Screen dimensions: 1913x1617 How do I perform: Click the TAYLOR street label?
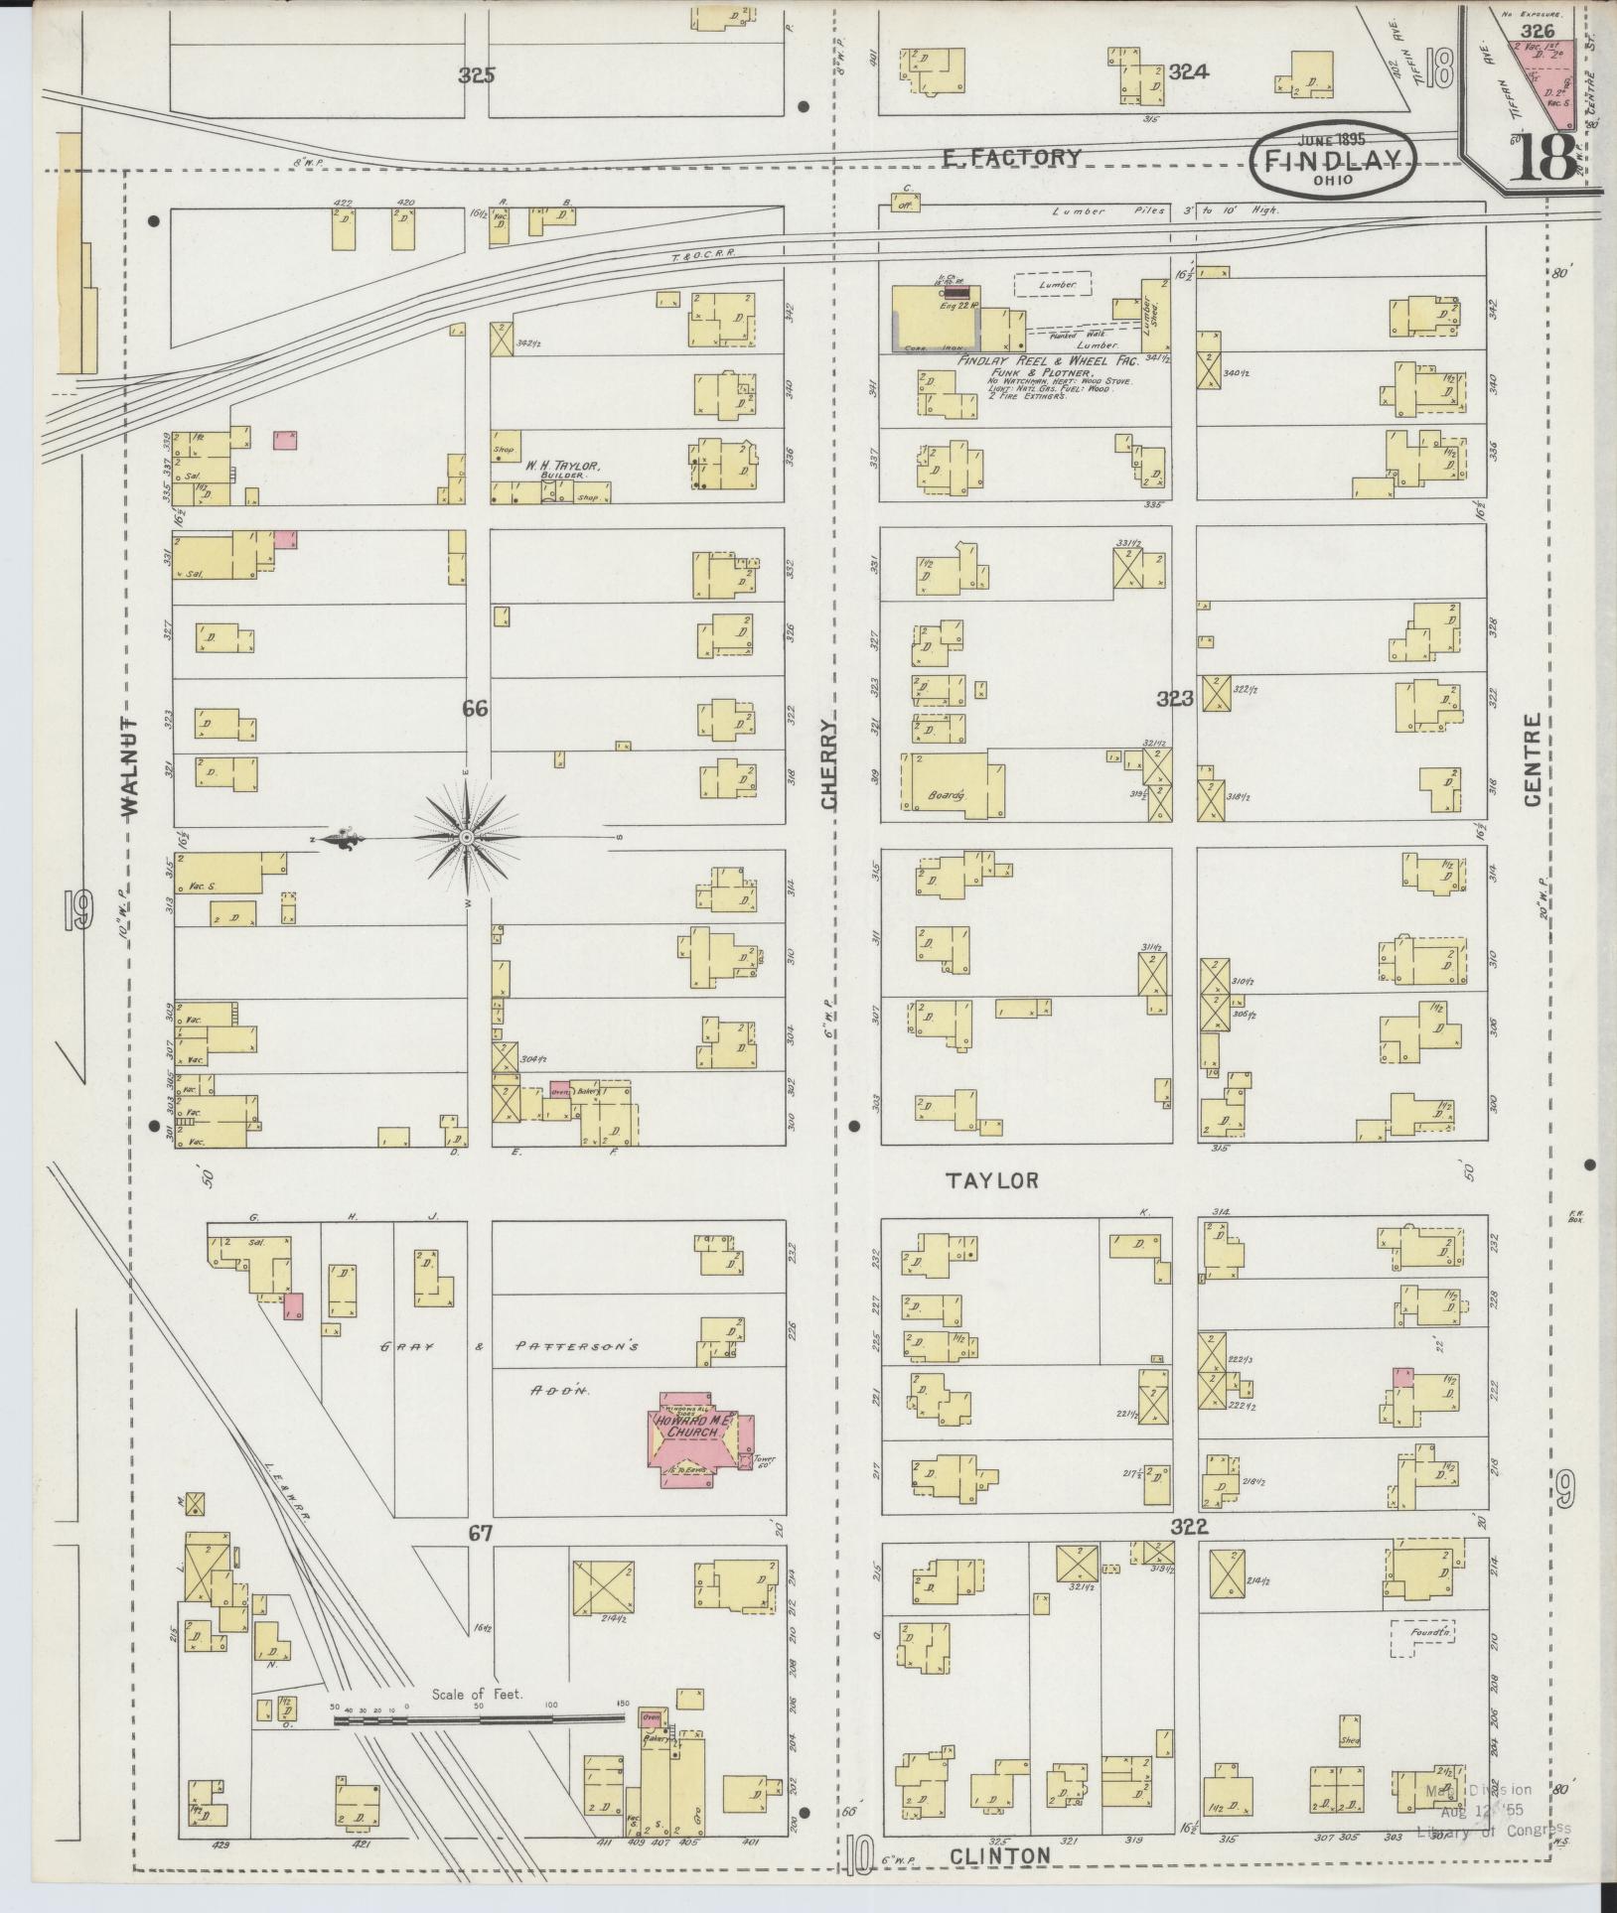991,1179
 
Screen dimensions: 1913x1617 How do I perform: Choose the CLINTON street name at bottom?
999,1856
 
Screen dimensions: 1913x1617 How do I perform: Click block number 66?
476,708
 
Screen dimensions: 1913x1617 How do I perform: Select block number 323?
1174,699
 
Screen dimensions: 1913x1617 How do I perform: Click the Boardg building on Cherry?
949,784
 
